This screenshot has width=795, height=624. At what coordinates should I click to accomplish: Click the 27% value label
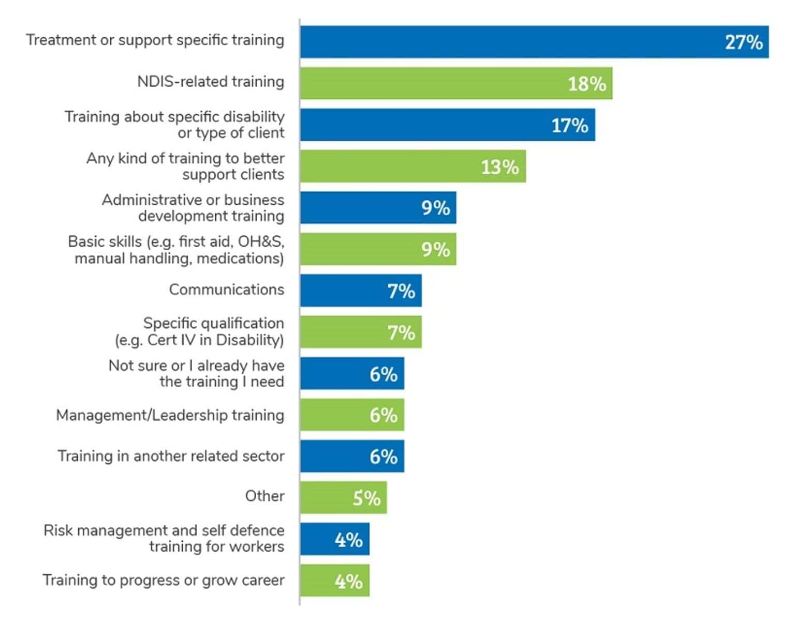(743, 42)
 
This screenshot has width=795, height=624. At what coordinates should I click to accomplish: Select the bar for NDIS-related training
(455, 83)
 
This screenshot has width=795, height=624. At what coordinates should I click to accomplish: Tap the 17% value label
(569, 126)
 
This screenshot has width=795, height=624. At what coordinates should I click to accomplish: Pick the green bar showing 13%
(413, 166)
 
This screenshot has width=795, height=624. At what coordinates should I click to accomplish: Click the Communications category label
(226, 290)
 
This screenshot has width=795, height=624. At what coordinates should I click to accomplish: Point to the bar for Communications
(361, 291)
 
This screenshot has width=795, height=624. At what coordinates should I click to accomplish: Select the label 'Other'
(264, 496)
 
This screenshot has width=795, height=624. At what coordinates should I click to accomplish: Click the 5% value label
(366, 498)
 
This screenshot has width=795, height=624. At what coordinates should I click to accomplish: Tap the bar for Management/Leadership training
(352, 415)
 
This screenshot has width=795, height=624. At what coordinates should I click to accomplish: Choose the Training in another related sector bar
(352, 456)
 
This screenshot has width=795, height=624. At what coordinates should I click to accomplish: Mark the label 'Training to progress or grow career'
(163, 580)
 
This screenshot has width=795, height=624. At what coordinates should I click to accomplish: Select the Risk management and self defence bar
(334, 539)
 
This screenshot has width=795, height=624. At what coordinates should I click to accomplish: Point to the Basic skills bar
(378, 249)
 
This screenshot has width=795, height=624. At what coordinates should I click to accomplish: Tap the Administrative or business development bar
(378, 208)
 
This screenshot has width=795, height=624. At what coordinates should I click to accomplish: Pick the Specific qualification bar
(361, 332)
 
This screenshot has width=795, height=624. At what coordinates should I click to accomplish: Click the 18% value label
(586, 84)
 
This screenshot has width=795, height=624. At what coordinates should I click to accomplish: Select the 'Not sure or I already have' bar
(352, 373)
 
